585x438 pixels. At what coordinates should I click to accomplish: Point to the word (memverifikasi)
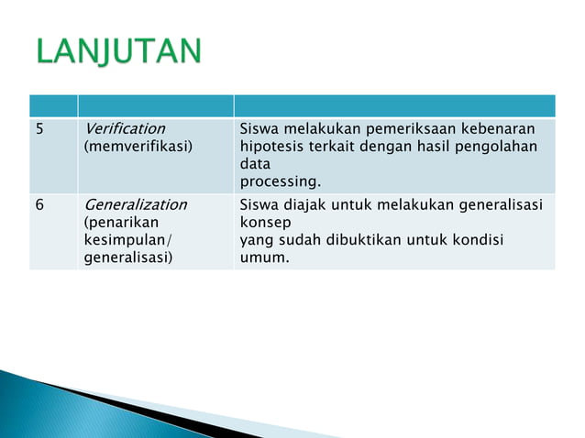(x=138, y=146)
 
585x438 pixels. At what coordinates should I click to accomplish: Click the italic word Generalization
(x=135, y=204)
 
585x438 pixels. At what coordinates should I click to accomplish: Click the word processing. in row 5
(x=280, y=181)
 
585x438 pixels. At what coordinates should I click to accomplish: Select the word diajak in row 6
(x=304, y=204)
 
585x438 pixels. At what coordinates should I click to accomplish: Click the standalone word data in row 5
(x=255, y=163)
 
